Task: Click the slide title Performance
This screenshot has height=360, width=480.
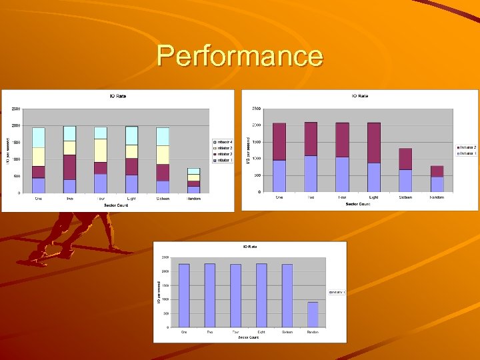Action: (x=240, y=55)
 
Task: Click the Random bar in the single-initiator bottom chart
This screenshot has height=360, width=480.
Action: (x=313, y=314)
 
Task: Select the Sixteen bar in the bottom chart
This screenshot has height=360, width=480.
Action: (x=287, y=295)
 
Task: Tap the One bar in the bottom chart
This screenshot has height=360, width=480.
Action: (x=184, y=295)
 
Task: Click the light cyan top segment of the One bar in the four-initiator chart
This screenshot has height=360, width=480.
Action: (x=39, y=137)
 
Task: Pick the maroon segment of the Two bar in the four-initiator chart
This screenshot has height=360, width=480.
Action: (x=69, y=167)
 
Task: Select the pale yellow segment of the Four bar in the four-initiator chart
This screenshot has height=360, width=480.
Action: (x=101, y=150)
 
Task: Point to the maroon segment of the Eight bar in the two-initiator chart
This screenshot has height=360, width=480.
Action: (x=373, y=143)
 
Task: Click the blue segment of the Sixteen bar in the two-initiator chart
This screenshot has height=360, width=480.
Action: (x=405, y=181)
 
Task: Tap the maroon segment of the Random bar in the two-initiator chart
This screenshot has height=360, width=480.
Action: (x=437, y=171)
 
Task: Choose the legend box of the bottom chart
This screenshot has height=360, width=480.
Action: (x=335, y=292)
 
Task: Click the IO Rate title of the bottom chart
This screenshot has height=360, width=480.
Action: (x=250, y=247)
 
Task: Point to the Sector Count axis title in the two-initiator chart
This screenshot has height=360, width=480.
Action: (x=357, y=203)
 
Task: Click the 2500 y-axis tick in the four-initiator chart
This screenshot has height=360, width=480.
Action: (x=15, y=109)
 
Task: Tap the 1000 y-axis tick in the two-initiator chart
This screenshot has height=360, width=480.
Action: (x=255, y=159)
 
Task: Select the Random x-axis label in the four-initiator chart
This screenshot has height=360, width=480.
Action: (x=193, y=199)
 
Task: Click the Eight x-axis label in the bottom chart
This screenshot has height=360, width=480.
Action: (x=261, y=332)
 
